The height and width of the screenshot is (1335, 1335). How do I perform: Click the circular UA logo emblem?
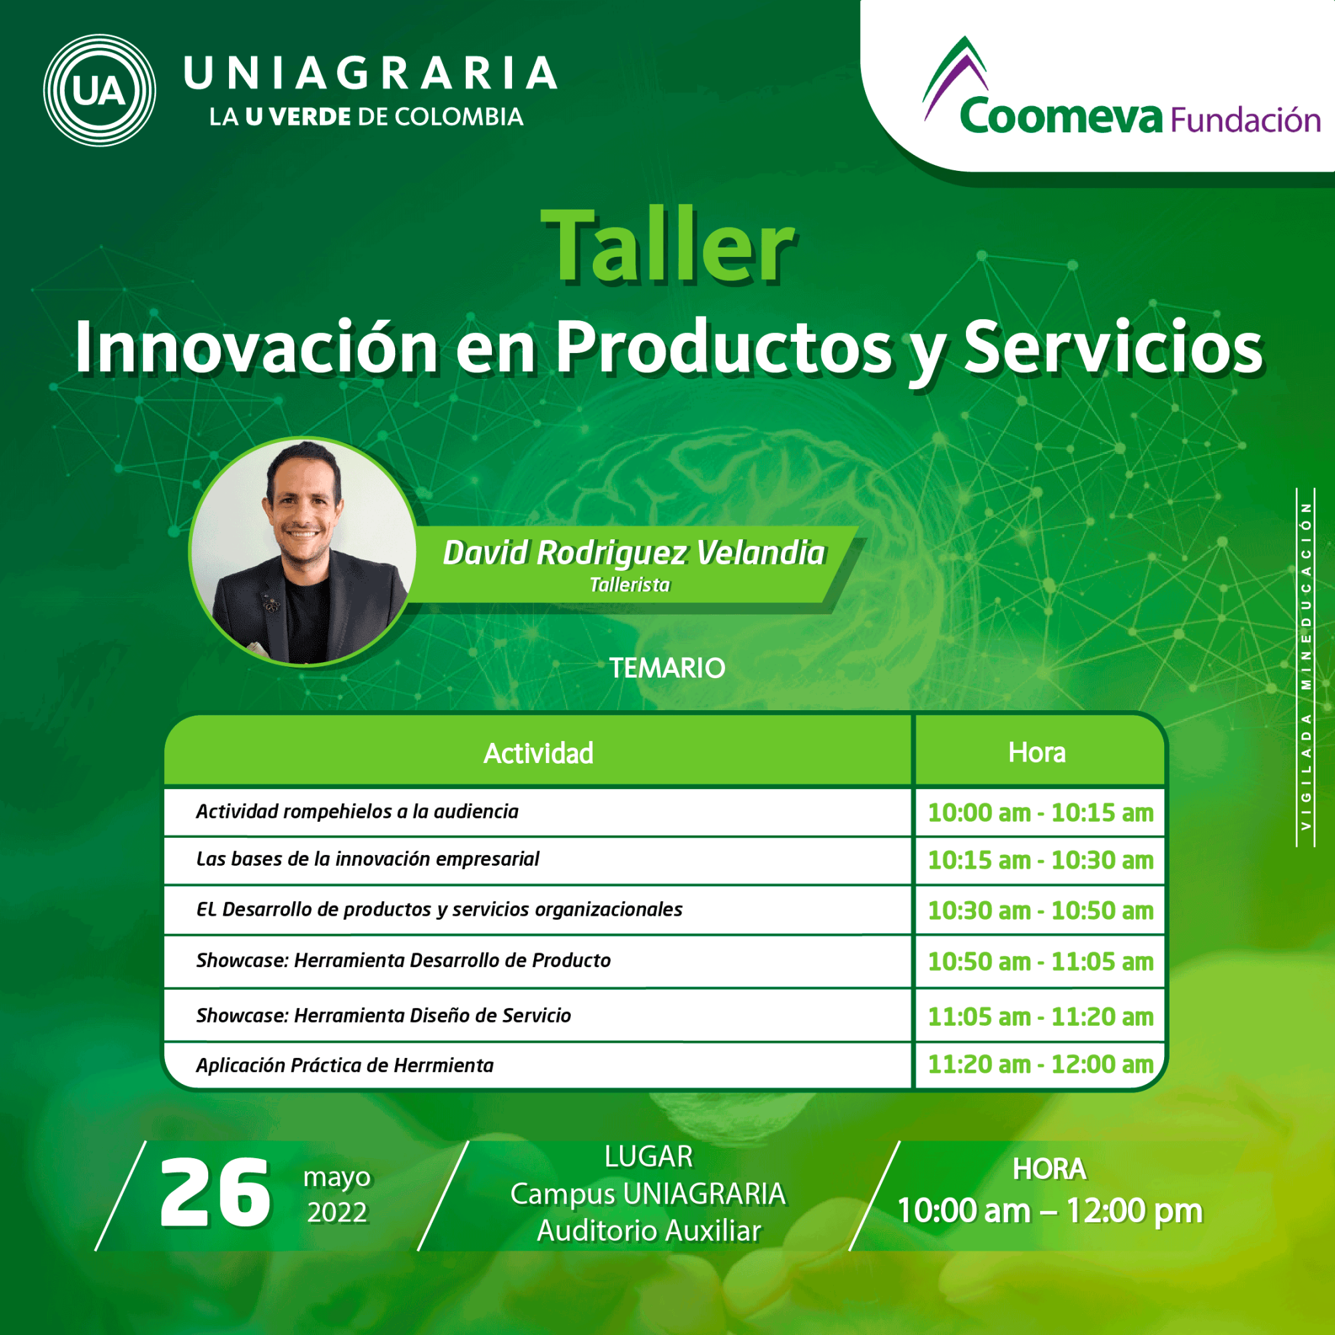99,90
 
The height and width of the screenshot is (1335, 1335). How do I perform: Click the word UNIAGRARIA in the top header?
370,73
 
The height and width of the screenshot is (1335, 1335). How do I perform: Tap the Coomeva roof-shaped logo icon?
955,77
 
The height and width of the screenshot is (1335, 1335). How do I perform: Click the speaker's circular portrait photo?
303,551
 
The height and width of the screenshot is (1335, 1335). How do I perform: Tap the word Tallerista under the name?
629,585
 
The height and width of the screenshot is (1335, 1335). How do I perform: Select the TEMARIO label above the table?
667,668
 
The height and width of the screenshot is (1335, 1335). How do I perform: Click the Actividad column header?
538,753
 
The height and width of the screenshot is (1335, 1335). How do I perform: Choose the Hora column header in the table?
1037,752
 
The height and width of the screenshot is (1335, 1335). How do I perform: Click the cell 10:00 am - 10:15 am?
1041,812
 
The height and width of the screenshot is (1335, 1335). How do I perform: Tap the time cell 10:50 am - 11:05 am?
1041,961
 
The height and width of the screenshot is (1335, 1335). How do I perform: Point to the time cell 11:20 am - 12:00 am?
1041,1064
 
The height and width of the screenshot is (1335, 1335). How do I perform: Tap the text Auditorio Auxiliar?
649,1231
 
